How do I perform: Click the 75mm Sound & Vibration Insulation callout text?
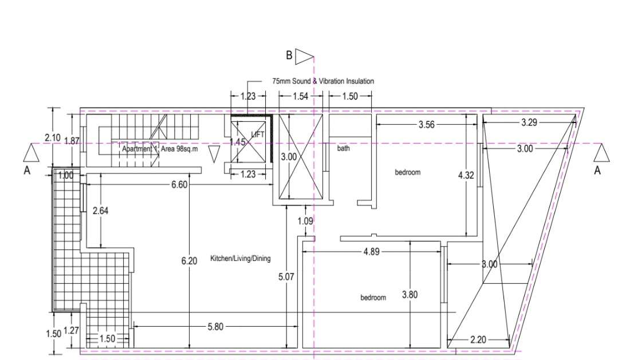(x=323, y=81)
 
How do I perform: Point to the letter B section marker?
(x=289, y=56)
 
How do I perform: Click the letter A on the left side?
(x=27, y=170)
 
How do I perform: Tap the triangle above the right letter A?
(x=601, y=153)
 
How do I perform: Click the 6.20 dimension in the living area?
(x=189, y=260)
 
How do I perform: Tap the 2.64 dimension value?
(x=101, y=210)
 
